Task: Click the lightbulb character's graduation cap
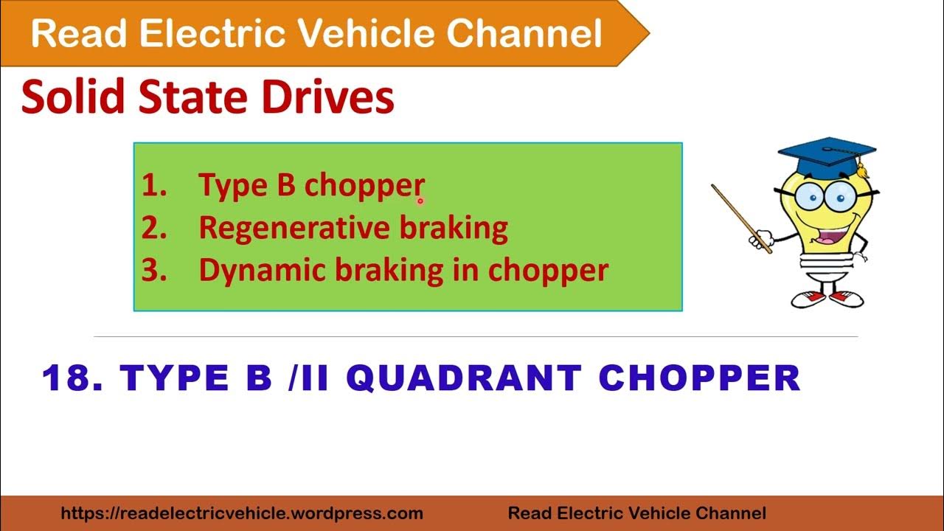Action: [x=826, y=153]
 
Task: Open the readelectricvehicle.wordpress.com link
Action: [x=242, y=513]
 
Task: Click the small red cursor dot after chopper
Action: [x=420, y=200]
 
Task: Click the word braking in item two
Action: [x=454, y=229]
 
